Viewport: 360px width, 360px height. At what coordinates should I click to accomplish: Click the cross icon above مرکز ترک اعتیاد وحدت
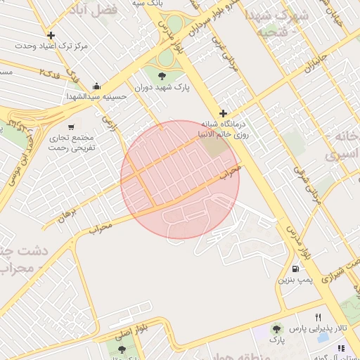click(x=51, y=35)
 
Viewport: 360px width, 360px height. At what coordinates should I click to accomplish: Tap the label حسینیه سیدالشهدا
click(x=96, y=96)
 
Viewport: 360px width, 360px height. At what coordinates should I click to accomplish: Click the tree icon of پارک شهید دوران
click(x=162, y=75)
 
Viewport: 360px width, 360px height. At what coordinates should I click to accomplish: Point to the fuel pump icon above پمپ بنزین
click(x=295, y=269)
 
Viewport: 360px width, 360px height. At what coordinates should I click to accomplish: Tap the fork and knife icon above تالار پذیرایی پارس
click(x=318, y=317)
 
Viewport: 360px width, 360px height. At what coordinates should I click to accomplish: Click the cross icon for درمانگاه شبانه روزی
click(x=224, y=113)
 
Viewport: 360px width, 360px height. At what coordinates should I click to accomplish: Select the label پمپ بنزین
click(x=295, y=280)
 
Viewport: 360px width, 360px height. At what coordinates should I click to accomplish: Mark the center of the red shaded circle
click(x=180, y=179)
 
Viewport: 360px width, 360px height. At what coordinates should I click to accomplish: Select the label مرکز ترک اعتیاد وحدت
click(x=53, y=46)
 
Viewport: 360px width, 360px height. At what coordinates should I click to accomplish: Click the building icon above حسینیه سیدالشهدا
click(x=96, y=86)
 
